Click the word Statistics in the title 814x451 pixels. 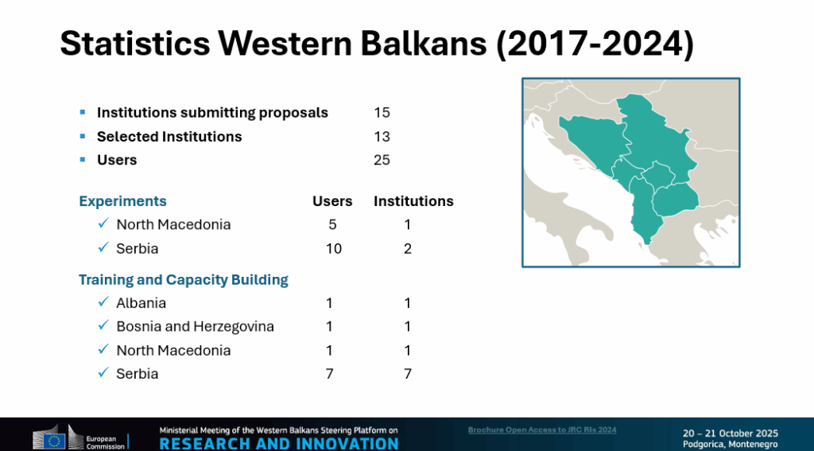click(x=135, y=43)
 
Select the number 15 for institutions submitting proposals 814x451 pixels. click(x=382, y=113)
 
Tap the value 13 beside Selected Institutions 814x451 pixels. click(x=382, y=137)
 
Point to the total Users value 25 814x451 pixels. click(x=382, y=160)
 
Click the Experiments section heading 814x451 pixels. click(x=122, y=201)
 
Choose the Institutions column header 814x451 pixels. click(x=413, y=201)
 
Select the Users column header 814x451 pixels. click(x=332, y=201)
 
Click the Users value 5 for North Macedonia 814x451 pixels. click(x=332, y=224)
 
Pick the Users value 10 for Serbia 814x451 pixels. click(x=333, y=249)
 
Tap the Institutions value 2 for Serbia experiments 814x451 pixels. click(x=408, y=249)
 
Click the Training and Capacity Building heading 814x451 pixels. click(x=184, y=280)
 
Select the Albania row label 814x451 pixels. click(x=141, y=303)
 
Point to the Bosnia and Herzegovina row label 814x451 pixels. click(x=196, y=326)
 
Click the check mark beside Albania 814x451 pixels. click(x=103, y=301)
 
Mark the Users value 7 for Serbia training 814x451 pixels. click(x=329, y=374)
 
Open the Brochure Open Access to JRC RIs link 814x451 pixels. click(x=542, y=430)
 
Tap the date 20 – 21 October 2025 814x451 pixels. click(x=731, y=434)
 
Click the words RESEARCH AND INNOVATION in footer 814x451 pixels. click(x=279, y=444)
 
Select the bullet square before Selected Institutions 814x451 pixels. click(x=83, y=136)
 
